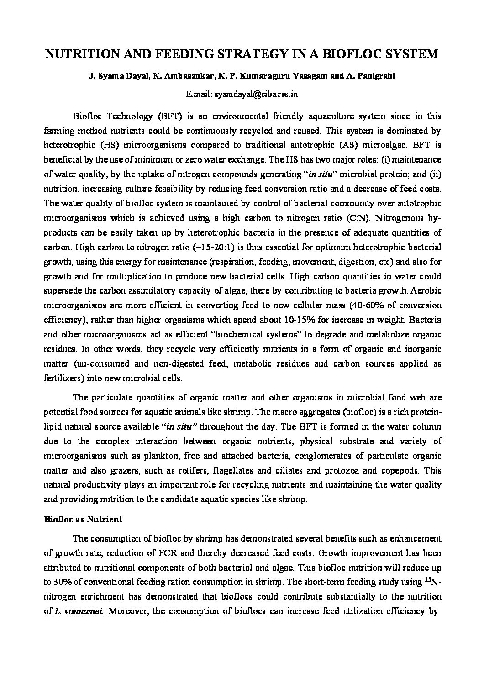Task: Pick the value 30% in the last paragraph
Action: coord(64,582)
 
